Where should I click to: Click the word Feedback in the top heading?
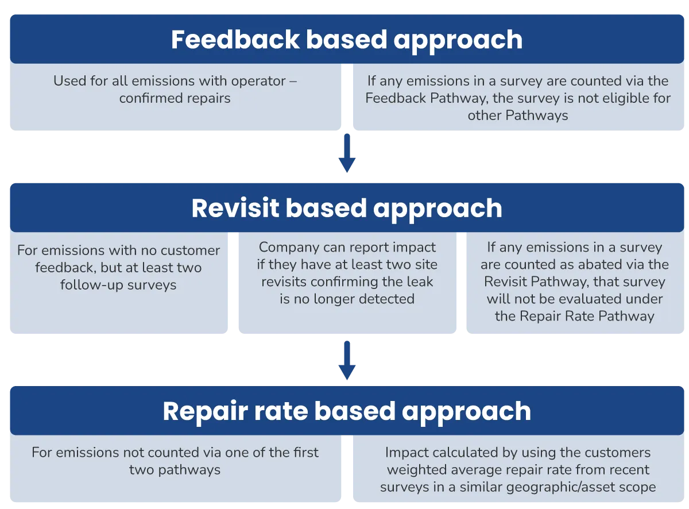235,40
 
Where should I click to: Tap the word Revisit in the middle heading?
235,208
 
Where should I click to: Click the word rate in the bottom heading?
281,411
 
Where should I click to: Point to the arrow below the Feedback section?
347,153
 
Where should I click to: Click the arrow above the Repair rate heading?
347,360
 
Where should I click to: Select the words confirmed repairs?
175,98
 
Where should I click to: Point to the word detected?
386,299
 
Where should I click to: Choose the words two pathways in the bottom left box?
175,470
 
